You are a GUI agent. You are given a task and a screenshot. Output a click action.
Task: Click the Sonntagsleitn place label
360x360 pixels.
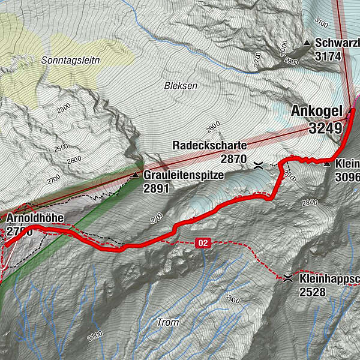[71, 61]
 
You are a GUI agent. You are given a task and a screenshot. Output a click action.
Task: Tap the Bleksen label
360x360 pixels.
[181, 86]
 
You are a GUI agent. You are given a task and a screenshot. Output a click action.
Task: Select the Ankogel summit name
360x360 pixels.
[316, 111]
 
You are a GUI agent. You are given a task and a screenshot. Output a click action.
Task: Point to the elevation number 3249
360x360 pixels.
[326, 128]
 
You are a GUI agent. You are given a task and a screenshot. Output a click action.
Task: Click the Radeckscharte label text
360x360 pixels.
[209, 146]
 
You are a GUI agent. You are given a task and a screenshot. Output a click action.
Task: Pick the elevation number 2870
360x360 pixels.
[233, 159]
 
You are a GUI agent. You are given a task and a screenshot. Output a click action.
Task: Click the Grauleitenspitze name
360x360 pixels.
[183, 176]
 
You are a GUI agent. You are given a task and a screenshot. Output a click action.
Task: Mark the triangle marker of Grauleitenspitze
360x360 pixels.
[136, 176]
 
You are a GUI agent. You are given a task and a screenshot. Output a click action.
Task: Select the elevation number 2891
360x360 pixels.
[157, 188]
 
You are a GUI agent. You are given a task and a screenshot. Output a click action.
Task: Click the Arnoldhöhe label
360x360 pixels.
[36, 217]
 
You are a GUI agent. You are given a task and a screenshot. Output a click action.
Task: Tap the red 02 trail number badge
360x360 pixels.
[203, 242]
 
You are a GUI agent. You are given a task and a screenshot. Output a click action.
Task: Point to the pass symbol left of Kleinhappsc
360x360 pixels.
[287, 277]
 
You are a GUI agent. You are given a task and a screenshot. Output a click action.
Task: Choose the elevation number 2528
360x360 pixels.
[313, 292]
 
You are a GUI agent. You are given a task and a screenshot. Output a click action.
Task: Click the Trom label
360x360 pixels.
[167, 322]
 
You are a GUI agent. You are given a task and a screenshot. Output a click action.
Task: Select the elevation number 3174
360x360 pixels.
[328, 56]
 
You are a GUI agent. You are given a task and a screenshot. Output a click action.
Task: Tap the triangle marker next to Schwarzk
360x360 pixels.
[307, 43]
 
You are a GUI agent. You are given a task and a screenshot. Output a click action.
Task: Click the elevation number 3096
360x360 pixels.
[347, 177]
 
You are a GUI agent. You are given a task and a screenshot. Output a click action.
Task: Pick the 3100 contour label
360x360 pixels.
[322, 24]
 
